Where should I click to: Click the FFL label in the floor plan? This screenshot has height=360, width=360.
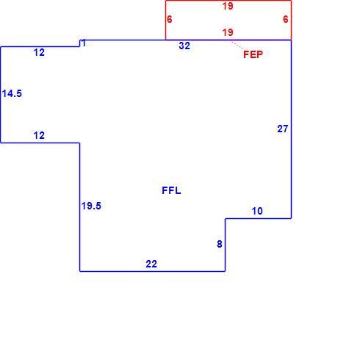171,190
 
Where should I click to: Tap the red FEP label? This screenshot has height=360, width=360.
253,54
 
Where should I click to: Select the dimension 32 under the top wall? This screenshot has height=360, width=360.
184,46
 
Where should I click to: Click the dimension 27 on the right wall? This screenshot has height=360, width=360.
283,129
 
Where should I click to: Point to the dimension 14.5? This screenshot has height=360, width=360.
12,93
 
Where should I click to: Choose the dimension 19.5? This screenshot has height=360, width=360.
91,206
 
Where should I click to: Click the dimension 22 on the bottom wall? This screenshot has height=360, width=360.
151,264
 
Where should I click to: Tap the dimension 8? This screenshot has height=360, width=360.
220,244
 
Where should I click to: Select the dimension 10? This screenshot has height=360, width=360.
257,211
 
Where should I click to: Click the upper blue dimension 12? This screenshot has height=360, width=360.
39,52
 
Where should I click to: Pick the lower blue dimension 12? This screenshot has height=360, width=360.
39,135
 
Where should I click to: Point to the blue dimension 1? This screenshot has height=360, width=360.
84,43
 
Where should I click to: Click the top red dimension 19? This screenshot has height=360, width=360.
228,6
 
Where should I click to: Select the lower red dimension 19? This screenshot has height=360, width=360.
228,32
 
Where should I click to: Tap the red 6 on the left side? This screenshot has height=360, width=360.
170,19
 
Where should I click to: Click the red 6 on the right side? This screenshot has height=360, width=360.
286,19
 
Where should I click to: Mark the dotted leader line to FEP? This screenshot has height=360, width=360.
237,45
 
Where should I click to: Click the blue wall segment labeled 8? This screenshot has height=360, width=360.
226,245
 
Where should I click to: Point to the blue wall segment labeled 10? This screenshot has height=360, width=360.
259,218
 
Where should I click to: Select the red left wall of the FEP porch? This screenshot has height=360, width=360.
166,20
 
